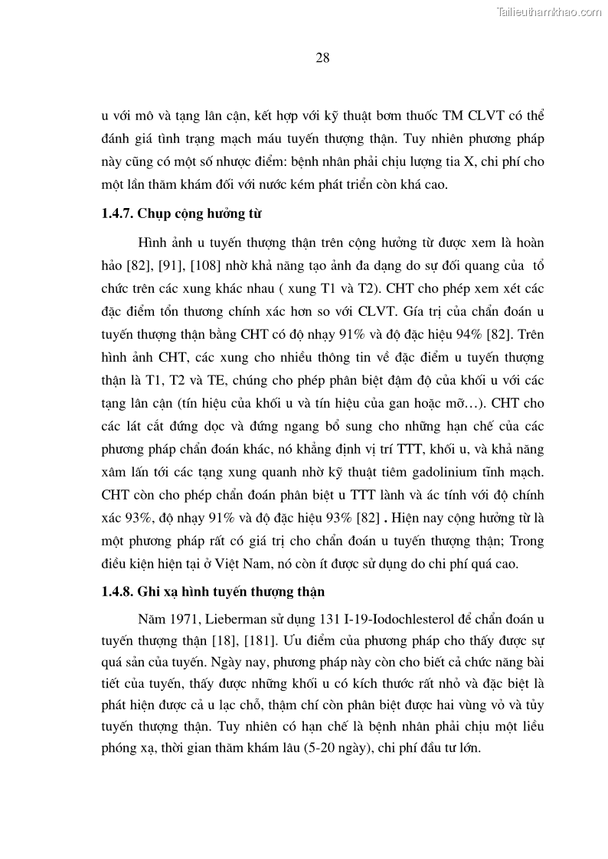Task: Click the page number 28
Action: point(322,57)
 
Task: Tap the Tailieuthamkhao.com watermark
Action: point(550,11)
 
